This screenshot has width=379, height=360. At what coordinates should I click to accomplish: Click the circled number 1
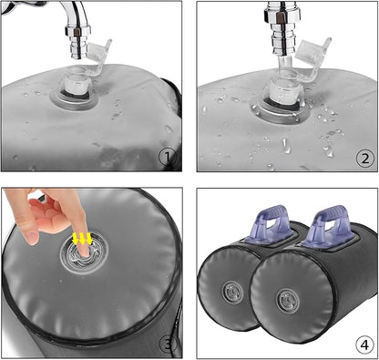point(168,158)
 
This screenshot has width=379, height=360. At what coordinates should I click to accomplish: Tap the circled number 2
point(364,159)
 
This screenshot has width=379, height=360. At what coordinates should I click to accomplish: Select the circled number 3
point(169,345)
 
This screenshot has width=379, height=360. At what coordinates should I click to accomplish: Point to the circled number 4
point(364,345)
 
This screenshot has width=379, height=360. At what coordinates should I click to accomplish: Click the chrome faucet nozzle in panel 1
point(78,43)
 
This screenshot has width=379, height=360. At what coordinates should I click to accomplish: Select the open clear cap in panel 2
point(313,52)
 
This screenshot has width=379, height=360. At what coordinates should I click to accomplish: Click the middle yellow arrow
point(82,239)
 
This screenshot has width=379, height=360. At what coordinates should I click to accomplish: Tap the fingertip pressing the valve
point(84,252)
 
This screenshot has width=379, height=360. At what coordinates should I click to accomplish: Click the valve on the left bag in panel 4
point(232,293)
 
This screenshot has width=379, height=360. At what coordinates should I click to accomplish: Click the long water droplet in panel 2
point(284,146)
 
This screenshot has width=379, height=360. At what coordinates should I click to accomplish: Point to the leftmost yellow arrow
point(75,239)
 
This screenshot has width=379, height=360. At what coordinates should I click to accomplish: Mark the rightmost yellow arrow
point(89,239)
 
